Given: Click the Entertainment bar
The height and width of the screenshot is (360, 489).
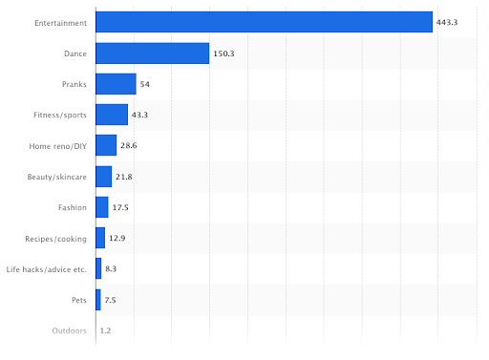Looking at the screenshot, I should click(x=264, y=22).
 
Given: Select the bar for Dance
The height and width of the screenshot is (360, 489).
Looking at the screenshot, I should click(x=153, y=53).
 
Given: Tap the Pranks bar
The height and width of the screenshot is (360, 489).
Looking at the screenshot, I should click(x=116, y=84).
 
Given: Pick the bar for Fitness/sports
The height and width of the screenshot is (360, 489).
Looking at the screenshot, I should click(x=112, y=115).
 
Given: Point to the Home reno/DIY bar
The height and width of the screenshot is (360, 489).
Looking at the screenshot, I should click(x=106, y=145).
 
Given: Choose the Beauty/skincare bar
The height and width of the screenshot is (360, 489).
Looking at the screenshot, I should click(x=104, y=177).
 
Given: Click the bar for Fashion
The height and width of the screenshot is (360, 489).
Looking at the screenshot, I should click(x=102, y=207).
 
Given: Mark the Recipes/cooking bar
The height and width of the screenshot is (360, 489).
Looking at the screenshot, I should click(x=100, y=238).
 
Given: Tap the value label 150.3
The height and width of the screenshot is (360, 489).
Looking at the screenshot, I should click(x=224, y=53).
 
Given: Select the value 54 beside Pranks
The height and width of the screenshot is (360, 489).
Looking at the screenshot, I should click(x=145, y=84).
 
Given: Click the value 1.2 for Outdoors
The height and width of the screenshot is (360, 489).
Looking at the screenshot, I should click(x=106, y=330).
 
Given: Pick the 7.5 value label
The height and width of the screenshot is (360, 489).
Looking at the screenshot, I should click(x=111, y=300).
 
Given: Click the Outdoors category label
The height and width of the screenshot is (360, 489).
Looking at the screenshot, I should click(x=69, y=330).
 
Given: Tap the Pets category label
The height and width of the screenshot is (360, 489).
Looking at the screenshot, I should click(x=78, y=300).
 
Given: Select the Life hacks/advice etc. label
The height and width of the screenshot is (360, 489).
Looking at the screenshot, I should click(x=47, y=269).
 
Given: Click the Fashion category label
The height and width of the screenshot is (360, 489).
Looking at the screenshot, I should click(x=73, y=207).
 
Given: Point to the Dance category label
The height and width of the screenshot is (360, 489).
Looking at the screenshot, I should click(x=75, y=53).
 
